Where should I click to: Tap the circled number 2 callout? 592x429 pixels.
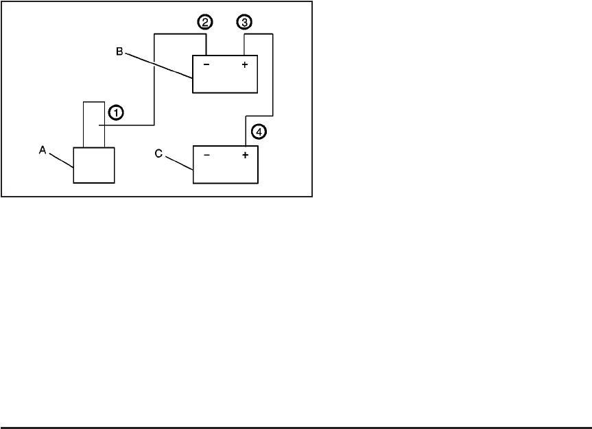[x=205, y=22]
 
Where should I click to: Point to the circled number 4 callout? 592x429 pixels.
[x=258, y=130]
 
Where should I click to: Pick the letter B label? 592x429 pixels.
[x=119, y=51]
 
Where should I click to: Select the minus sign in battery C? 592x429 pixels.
[x=206, y=155]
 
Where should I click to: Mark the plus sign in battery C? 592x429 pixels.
[x=245, y=155]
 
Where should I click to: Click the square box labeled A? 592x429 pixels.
[x=94, y=164]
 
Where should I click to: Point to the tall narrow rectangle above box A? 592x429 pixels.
[x=94, y=123]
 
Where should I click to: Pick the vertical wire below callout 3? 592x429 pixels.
[x=245, y=44]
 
